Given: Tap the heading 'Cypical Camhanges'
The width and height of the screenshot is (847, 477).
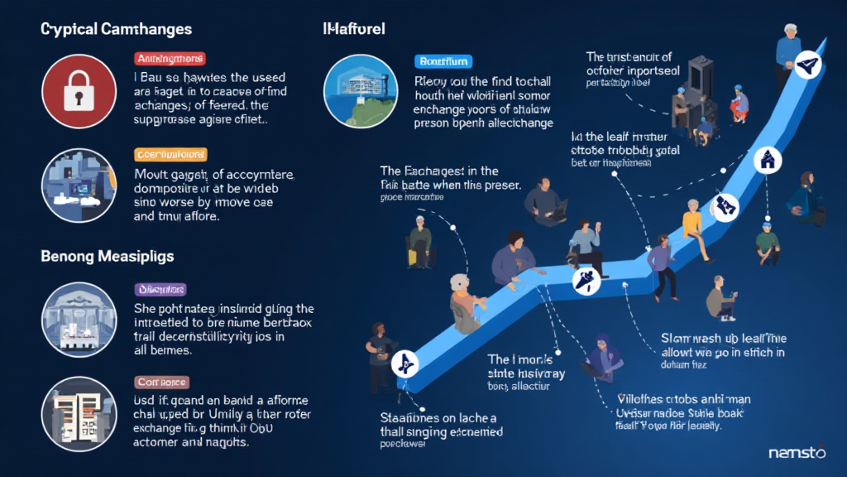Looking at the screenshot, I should click(x=116, y=29).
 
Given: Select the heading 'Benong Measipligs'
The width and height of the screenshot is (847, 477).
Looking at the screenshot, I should click(x=108, y=257).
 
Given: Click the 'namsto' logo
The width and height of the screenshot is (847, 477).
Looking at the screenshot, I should click(x=797, y=453).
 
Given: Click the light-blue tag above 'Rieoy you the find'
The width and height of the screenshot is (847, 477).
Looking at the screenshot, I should click(x=443, y=60).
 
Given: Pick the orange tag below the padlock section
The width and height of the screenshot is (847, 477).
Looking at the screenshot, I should click(x=170, y=155).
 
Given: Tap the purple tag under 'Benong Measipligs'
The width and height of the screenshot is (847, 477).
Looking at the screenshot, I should click(x=160, y=290).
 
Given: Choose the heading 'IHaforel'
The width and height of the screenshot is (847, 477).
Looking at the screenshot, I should click(x=353, y=29).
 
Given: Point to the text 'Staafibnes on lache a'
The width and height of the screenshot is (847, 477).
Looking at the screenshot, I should click(x=438, y=417).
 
